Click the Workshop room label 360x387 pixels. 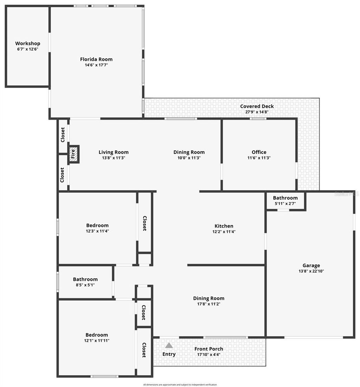pyautogui.click(x=27, y=44)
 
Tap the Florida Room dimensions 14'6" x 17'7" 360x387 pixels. pyautogui.click(x=96, y=65)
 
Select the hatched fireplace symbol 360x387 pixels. pyautogui.click(x=73, y=154)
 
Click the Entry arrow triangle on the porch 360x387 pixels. pyautogui.click(x=169, y=346)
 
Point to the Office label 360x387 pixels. pyautogui.click(x=259, y=152)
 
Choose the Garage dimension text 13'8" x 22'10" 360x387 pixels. pyautogui.click(x=311, y=271)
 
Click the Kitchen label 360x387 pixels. pyautogui.click(x=224, y=226)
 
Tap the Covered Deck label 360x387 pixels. pyautogui.click(x=257, y=106)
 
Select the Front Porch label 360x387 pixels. pyautogui.click(x=209, y=349)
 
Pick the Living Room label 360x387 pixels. pyautogui.click(x=114, y=152)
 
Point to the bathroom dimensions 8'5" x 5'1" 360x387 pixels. pyautogui.click(x=85, y=285)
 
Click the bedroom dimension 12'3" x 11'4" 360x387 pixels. pyautogui.click(x=97, y=231)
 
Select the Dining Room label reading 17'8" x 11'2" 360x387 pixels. pyautogui.click(x=209, y=299)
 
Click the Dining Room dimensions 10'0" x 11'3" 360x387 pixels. pyautogui.click(x=189, y=158)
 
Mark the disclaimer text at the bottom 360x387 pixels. pyautogui.click(x=180, y=385)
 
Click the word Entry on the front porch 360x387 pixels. pyautogui.click(x=169, y=354)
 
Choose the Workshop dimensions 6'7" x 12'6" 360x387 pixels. pyautogui.click(x=27, y=49)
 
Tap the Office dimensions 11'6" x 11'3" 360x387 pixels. pyautogui.click(x=259, y=158)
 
